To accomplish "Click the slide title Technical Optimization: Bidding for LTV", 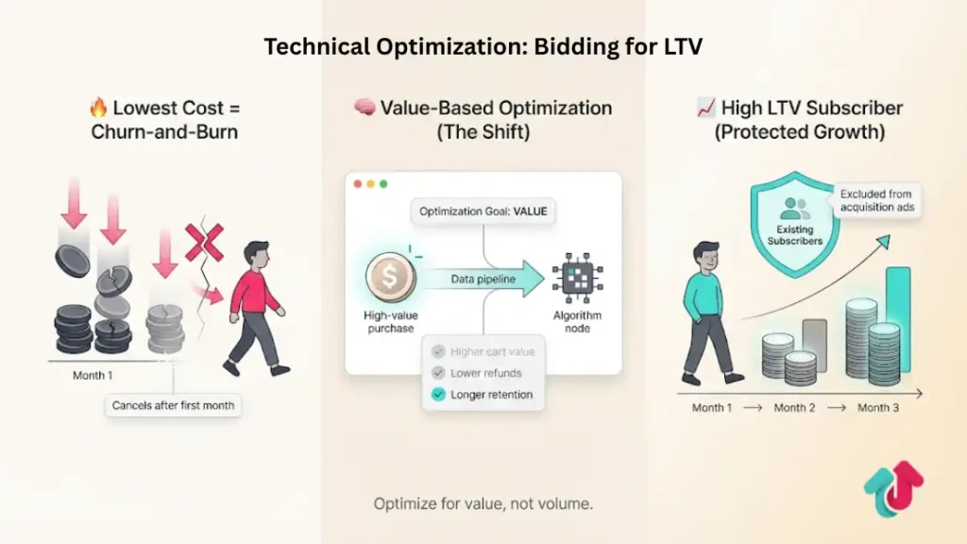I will (x=483, y=46).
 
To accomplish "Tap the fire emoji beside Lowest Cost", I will (x=97, y=108).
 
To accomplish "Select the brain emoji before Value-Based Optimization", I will (x=365, y=108).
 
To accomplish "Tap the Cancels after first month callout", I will (x=175, y=406).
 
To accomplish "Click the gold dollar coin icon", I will (x=389, y=278).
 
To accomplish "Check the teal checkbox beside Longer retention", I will (x=438, y=395).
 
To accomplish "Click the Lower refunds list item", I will (x=484, y=373).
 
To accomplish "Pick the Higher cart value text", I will (x=492, y=352).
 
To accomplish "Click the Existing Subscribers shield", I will (x=794, y=223).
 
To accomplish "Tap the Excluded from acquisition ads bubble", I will (x=875, y=200).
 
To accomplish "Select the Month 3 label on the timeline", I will (x=879, y=408).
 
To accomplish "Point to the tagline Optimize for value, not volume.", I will (x=483, y=504).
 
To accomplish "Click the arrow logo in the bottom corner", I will (x=892, y=490).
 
